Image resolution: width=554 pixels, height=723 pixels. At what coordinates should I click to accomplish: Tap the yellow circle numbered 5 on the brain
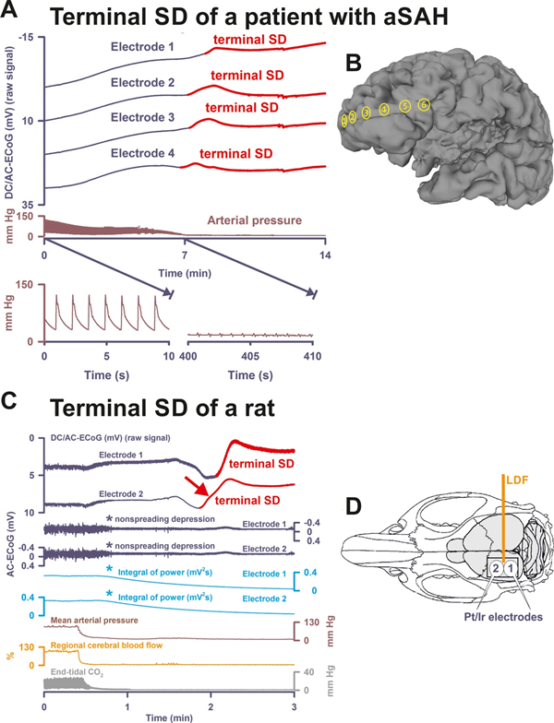[424, 104]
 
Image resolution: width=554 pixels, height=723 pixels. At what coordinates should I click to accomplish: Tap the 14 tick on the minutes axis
[325, 255]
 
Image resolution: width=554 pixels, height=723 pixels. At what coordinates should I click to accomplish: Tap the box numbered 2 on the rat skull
[495, 569]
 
